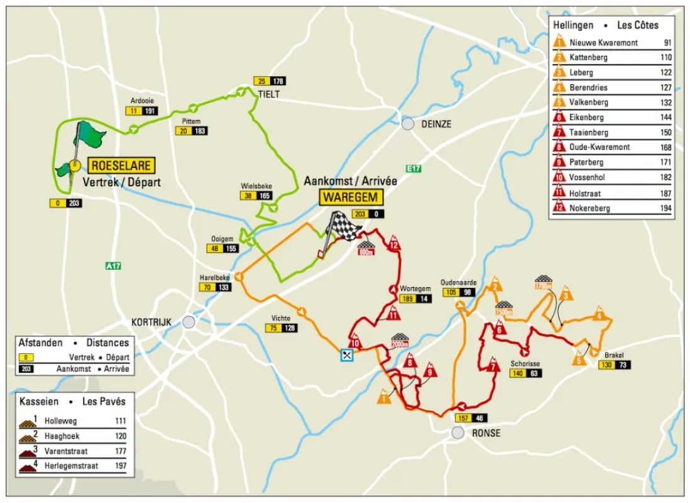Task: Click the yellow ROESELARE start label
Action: pos(121,166)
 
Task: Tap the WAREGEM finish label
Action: pos(351,197)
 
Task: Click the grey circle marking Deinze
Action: pos(408,124)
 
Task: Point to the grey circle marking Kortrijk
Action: pos(188,322)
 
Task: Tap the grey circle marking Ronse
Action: pos(458,432)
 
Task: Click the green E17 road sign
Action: pos(413,169)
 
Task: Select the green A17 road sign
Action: pos(113,266)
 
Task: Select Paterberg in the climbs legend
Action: pos(584,162)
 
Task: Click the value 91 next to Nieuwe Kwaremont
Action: pos(667,43)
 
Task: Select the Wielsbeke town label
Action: pos(255,186)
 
